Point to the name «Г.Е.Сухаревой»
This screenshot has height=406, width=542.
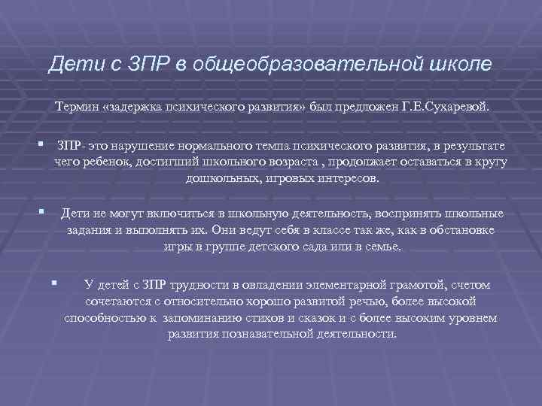tap(450, 107)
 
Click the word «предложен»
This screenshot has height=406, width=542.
tap(370, 107)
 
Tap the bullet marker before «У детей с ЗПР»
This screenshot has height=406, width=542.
tap(53, 283)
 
